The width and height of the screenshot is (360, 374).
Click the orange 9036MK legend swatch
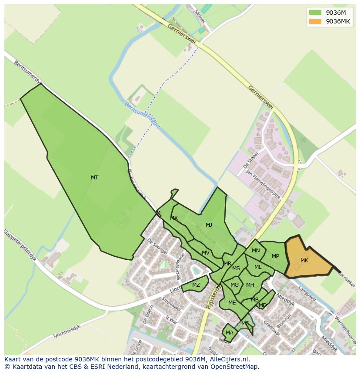pyautogui.click(x=315, y=21)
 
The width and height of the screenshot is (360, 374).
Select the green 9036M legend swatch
pyautogui.click(x=315, y=12)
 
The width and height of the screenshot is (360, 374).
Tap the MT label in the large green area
pyautogui.click(x=94, y=177)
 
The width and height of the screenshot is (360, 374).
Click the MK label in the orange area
pyautogui.click(x=304, y=260)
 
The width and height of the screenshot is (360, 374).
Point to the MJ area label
pyautogui.click(x=209, y=225)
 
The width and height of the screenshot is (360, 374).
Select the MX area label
pyautogui.click(x=174, y=218)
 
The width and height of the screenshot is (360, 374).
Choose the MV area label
pyautogui.click(x=206, y=252)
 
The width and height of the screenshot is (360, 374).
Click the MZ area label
pyautogui.click(x=196, y=285)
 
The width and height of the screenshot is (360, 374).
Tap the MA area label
pyautogui.click(x=230, y=333)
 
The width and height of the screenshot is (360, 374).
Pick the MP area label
pyautogui.click(x=275, y=256)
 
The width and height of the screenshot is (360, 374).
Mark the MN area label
pyautogui.click(x=256, y=250)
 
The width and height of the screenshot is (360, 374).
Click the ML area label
pyautogui.click(x=258, y=267)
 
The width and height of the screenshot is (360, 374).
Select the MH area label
pyautogui.click(x=250, y=285)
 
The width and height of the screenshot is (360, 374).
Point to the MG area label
pyautogui.click(x=235, y=285)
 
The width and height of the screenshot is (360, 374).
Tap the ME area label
pyautogui.click(x=232, y=302)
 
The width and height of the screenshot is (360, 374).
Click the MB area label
pyautogui.click(x=255, y=299)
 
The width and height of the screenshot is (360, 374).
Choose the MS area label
pyautogui.click(x=236, y=268)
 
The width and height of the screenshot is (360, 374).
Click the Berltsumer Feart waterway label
pyautogui.click(x=142, y=116)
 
